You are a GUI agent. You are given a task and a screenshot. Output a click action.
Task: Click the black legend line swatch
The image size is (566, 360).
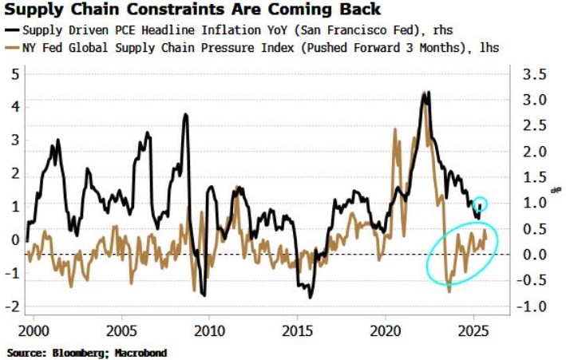pos(12,30)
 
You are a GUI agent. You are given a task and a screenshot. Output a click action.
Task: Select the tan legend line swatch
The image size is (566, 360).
pos(12,48)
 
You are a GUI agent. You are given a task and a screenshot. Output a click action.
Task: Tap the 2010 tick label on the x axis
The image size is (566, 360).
pos(209,330)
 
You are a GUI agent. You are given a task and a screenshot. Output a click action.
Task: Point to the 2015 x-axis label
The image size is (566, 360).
pos(297,330)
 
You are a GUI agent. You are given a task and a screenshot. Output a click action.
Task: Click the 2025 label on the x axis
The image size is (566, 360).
pos(473,330)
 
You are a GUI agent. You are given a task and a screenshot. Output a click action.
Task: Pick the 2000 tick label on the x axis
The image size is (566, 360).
pos(34,330)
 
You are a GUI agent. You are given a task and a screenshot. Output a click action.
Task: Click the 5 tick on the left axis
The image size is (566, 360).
pos(15,75)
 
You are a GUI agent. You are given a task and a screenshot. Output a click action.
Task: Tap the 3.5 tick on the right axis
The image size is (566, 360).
pos(535,75)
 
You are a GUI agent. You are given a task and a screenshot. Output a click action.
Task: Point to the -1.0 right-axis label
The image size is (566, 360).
pos(532,307)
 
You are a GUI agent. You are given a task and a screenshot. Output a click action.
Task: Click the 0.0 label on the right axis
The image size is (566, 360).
pos(535,255)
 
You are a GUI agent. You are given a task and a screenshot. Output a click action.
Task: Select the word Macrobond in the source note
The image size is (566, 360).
pos(141,353)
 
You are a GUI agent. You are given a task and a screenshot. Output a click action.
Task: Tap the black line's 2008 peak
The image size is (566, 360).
pos(185,114)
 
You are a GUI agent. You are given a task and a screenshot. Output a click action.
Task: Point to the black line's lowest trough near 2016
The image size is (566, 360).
pos(310,297)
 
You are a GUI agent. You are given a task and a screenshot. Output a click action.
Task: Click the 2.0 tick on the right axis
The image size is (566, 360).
pos(535,152)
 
